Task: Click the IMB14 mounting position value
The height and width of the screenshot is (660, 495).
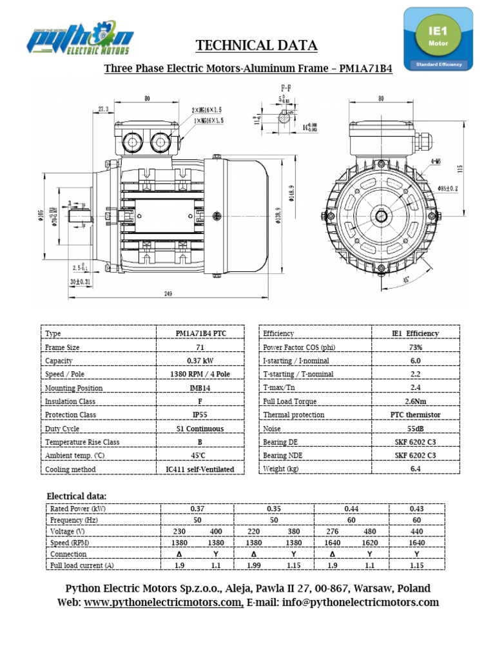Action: click(200, 388)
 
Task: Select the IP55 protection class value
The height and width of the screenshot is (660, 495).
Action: click(200, 415)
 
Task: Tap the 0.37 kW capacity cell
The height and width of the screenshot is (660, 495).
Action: click(200, 361)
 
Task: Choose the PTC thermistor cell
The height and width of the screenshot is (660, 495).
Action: click(415, 415)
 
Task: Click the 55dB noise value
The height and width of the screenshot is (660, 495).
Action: click(415, 429)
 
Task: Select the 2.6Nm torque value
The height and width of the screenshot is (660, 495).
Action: click(415, 402)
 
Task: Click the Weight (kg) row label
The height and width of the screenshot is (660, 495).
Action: click(281, 469)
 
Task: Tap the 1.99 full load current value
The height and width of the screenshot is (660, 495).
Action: click(256, 565)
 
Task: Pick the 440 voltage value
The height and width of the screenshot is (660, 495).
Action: click(416, 532)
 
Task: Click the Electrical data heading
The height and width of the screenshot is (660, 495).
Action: click(77, 496)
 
